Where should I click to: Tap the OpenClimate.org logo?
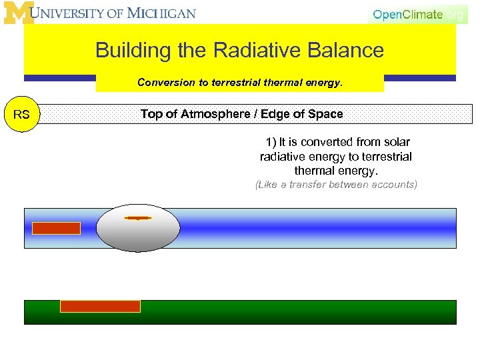(x=418, y=15)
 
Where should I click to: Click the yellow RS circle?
(x=21, y=115)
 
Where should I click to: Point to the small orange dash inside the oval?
(x=138, y=217)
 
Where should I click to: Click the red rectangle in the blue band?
(x=56, y=228)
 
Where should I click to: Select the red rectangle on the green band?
(x=100, y=306)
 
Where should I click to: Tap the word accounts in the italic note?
(x=394, y=185)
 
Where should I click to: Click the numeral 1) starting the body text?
(x=270, y=142)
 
